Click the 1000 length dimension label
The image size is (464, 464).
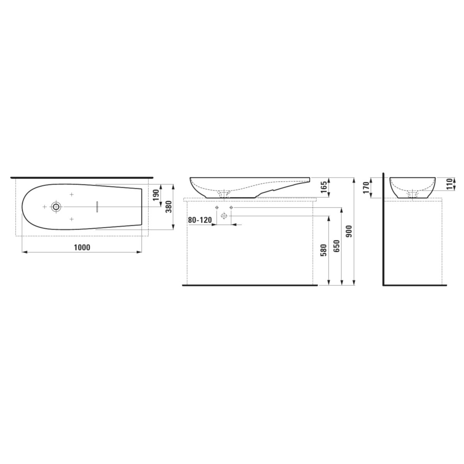pyautogui.click(x=82, y=247)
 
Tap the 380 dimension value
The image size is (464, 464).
pyautogui.click(x=169, y=206)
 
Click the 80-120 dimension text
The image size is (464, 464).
pyautogui.click(x=200, y=220)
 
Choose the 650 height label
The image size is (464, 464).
pyautogui.click(x=336, y=246)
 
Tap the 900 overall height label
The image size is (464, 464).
pyautogui.click(x=350, y=231)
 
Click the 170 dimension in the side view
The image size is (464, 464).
pyautogui.click(x=367, y=188)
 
